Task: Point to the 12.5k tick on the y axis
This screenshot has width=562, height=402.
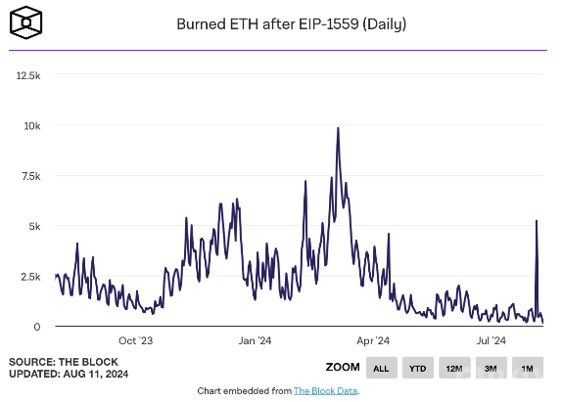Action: point(25,75)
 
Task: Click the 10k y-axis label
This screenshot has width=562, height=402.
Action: point(31,125)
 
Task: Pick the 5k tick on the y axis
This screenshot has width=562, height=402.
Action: point(33,226)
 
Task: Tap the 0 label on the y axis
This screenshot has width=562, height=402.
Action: point(37,327)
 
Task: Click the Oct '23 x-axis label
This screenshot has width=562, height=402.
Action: point(135,341)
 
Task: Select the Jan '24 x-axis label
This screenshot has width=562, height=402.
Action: point(255,341)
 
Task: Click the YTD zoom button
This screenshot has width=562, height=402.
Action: point(417,369)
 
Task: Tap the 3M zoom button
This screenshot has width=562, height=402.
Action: point(491,369)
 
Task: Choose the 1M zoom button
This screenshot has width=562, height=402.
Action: point(527,369)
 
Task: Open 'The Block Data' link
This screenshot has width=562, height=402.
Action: point(325,391)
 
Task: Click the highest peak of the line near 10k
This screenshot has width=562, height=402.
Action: point(338,128)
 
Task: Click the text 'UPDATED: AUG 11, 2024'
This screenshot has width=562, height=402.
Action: point(69,375)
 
